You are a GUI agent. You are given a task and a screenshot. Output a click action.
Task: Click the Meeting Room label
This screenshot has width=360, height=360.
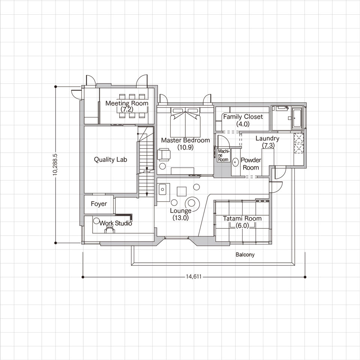pos(127,103)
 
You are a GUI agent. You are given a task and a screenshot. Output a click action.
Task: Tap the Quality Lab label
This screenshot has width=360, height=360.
pos(110,160)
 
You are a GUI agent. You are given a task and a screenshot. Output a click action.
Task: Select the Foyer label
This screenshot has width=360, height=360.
pos(99,204)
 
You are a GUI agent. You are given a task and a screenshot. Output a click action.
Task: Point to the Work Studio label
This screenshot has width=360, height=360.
pos(116,223)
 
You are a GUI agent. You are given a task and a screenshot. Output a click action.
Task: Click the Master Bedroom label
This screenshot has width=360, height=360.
pos(186,140)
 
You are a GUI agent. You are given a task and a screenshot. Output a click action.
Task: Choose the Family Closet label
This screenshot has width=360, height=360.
pos(243,117)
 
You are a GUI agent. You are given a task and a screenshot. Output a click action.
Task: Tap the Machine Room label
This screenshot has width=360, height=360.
pos(223,155)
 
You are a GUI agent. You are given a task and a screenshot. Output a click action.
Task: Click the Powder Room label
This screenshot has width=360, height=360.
pos(251,164)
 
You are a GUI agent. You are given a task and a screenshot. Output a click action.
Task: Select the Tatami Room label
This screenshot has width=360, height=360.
pos(242,219)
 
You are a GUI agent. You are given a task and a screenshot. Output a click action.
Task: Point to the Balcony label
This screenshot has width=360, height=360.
pos(245,255)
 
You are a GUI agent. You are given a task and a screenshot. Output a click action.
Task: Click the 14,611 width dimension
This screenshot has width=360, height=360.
pos(193,277)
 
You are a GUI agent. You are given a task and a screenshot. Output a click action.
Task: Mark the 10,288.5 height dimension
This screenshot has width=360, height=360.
pos(55,165)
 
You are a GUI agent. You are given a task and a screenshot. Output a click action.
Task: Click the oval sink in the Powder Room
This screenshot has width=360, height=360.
pos(235,162)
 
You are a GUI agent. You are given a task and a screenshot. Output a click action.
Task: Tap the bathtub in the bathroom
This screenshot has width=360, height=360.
pos(297,118)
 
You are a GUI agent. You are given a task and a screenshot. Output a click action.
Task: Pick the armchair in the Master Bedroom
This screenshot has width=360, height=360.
pos(164,154)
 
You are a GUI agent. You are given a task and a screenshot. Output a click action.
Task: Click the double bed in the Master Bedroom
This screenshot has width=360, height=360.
pos(185,123)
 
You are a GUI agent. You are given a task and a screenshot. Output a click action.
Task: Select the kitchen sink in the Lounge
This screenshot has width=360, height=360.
pos(162,189)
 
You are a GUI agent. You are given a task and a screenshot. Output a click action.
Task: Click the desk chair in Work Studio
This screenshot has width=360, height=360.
pos(110,229)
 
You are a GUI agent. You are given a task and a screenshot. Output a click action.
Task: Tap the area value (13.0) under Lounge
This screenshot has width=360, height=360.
pos(181,217)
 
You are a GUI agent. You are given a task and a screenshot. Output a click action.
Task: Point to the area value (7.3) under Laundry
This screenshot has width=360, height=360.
pos(268,145)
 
